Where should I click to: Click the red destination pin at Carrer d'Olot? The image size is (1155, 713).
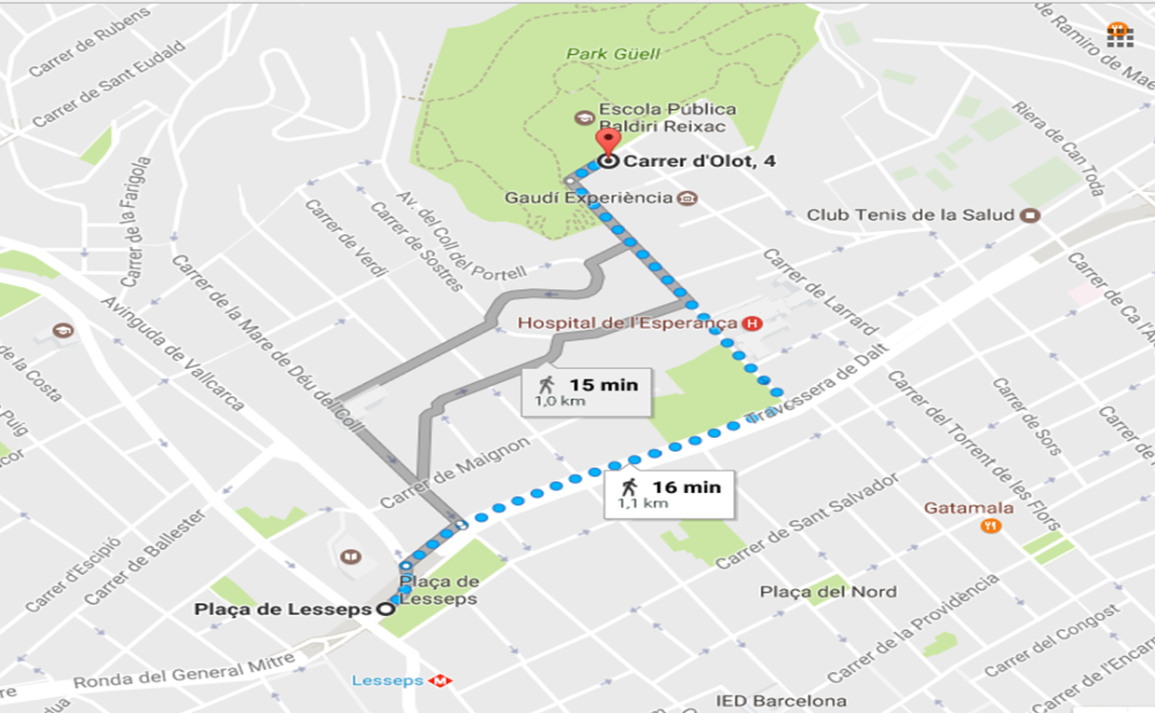(607, 144)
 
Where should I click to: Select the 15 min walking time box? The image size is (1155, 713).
(585, 391)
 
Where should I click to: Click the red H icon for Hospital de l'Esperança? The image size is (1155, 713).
(752, 323)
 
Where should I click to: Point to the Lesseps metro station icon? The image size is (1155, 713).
(440, 681)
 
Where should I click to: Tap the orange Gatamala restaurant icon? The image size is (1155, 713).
(990, 526)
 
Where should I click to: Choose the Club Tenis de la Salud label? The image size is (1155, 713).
(910, 215)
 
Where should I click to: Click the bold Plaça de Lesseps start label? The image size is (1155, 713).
(282, 610)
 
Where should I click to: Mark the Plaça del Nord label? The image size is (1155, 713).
(828, 592)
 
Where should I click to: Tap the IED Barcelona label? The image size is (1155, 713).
(781, 701)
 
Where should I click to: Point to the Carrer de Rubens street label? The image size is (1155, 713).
(89, 43)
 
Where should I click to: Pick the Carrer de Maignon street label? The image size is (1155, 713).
(455, 473)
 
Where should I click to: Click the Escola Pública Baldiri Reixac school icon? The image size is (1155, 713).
(584, 117)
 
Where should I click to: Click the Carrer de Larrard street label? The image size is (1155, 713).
(820, 292)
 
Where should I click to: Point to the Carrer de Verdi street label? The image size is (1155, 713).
(346, 239)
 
